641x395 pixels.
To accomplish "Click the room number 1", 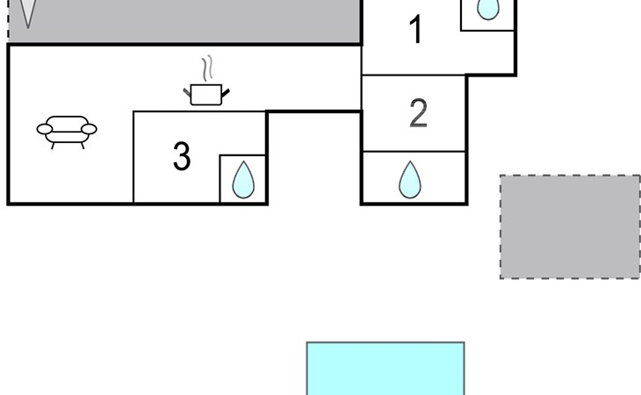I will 416,31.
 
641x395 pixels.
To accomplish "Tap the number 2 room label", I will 419,113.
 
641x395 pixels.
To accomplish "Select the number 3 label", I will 182,156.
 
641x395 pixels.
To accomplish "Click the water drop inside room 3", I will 243,180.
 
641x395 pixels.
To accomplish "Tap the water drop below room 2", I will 410,179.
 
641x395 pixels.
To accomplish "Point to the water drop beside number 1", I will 487,9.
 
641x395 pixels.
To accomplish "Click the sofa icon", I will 66,131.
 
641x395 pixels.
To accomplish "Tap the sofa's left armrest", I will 44,131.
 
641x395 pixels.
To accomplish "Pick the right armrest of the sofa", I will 89,130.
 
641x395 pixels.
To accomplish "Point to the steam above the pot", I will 207,68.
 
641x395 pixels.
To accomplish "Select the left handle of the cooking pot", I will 187,89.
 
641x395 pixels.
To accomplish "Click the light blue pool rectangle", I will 385,369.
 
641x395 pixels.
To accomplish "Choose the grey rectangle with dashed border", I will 570,226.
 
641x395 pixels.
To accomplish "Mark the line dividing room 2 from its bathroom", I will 414,152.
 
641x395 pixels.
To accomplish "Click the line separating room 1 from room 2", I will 414,75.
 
